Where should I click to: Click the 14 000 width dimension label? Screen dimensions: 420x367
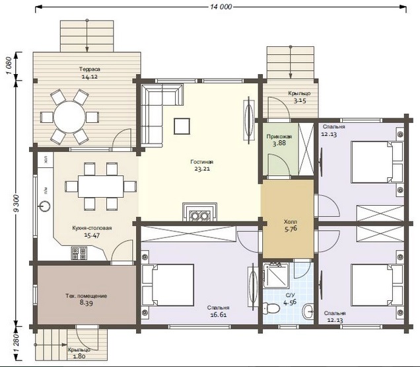221,7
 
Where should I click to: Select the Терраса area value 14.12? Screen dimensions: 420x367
89,77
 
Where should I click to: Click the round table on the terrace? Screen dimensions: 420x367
69,117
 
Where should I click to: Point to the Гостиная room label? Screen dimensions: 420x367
202,162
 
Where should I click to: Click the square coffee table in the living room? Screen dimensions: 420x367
182,126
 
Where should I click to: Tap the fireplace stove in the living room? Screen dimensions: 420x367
200,212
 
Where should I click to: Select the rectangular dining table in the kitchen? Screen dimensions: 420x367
101,186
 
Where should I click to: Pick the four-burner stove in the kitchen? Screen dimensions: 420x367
79,253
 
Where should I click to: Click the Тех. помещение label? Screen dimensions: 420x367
87,296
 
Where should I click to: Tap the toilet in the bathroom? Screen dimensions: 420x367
271,307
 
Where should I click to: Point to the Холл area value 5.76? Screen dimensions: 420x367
291,229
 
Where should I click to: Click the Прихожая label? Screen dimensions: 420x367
279,137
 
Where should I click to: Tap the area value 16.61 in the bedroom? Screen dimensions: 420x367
219,315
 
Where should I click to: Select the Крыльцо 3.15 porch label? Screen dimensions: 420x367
299,97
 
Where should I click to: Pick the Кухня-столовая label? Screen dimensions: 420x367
92,228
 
